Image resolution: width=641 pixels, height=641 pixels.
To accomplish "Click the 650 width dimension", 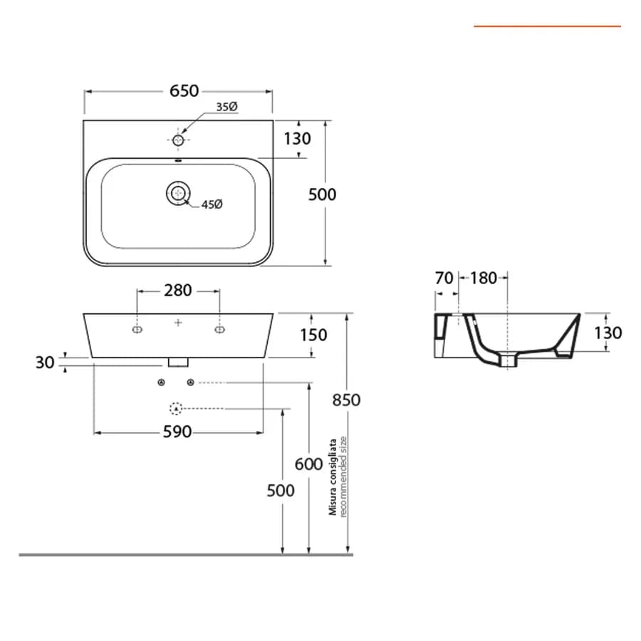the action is click(x=184, y=90).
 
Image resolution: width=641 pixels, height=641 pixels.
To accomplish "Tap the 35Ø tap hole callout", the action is click(x=227, y=107).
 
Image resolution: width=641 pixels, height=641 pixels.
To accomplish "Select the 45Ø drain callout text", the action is click(x=212, y=204).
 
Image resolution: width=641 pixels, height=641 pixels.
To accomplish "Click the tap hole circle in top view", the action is click(x=178, y=140).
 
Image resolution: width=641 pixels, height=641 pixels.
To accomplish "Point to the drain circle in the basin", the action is click(x=178, y=193).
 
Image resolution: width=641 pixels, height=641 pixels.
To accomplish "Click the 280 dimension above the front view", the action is click(x=178, y=291).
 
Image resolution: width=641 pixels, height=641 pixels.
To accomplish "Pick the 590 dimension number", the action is click(x=177, y=432).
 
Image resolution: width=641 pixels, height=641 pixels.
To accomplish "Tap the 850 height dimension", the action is click(x=346, y=400).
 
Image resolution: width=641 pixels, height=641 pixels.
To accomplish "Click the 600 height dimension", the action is click(x=308, y=464).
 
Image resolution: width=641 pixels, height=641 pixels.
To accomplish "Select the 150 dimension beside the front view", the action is click(x=313, y=335).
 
